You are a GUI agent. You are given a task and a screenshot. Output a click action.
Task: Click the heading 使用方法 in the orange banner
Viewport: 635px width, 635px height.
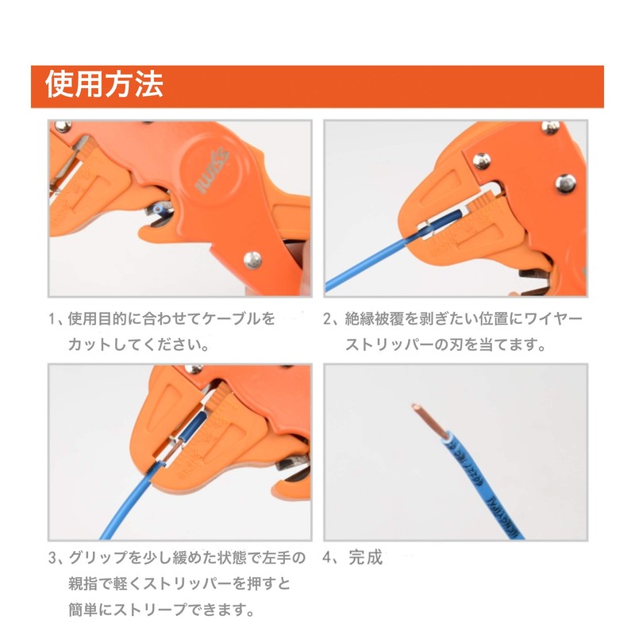pos(104,85)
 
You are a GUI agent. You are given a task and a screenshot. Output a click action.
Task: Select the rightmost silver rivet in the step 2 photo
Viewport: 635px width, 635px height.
pos(564,181)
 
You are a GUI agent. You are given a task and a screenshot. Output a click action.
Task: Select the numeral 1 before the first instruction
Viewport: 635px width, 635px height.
pos(52,319)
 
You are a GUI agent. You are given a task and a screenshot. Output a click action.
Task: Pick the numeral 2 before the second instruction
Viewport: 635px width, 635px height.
pos(328,319)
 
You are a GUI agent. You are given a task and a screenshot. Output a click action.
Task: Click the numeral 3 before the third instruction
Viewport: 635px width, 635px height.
pos(52,558)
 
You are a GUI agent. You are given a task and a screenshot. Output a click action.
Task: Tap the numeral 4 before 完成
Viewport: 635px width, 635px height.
pos(328,558)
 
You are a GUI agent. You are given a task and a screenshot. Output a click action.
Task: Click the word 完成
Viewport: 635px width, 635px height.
pos(365,558)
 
